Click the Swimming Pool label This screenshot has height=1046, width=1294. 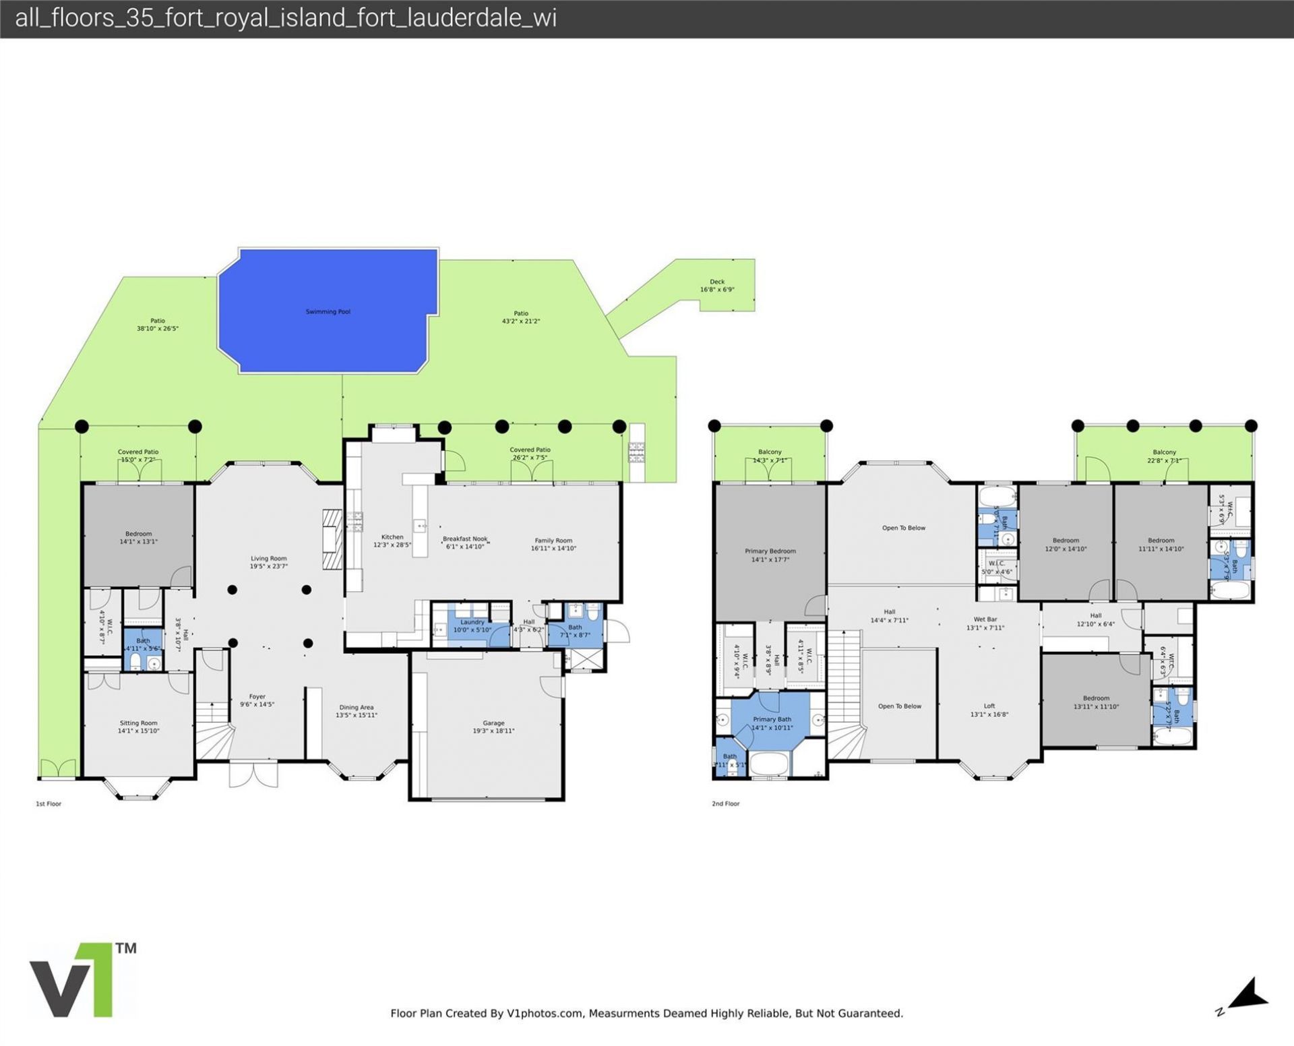(328, 312)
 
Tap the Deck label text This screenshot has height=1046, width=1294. (716, 282)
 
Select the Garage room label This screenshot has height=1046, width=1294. (493, 722)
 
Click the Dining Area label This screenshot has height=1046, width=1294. (357, 708)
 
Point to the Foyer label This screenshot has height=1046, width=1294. (257, 697)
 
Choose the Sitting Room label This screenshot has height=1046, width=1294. (138, 723)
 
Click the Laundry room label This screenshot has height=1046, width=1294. (472, 622)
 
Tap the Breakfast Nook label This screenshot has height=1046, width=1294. (465, 539)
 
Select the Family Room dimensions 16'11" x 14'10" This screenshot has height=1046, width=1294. (553, 549)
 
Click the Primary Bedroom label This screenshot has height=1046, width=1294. (770, 551)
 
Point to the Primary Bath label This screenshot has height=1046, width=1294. (772, 720)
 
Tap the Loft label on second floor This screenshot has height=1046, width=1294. (989, 706)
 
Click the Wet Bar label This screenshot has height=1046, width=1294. (985, 619)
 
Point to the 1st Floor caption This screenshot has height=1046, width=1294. (49, 803)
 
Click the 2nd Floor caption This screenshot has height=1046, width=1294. (725, 803)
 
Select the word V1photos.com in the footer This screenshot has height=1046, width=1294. (545, 1013)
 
